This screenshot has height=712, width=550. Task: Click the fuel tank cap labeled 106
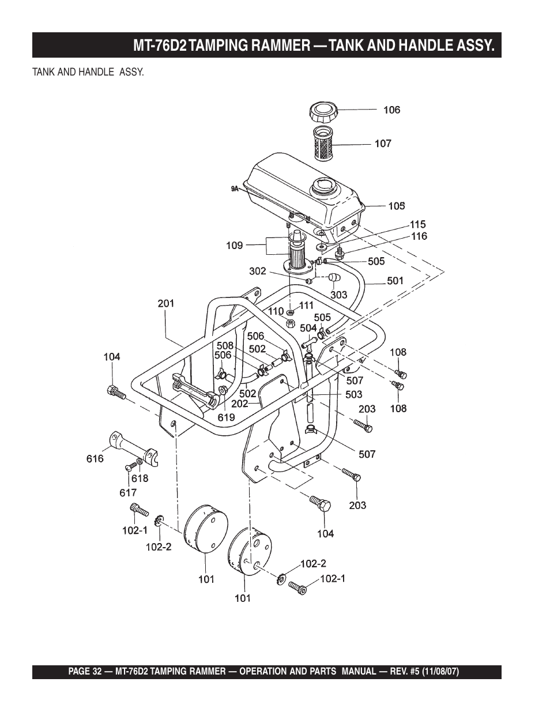[x=323, y=112]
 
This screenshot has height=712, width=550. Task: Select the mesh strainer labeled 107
[x=324, y=144]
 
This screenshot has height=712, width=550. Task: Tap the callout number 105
[x=397, y=206]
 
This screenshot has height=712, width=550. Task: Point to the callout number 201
[x=166, y=303]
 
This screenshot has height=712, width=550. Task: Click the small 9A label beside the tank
[x=235, y=189]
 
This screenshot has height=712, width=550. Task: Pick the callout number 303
[x=339, y=295]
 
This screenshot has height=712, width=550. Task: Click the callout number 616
[x=95, y=459]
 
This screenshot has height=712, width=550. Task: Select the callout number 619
[x=227, y=417]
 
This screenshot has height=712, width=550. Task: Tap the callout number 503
[x=354, y=394]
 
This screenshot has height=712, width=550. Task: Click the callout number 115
[x=417, y=224]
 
